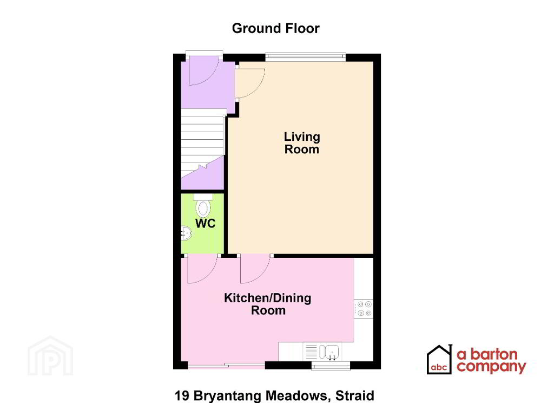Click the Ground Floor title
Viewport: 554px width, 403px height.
(275, 28)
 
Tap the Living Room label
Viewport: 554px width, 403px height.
(302, 143)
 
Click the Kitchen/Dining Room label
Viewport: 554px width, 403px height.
(268, 304)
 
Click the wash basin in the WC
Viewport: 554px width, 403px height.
(186, 233)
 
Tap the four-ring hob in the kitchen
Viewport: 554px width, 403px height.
(363, 309)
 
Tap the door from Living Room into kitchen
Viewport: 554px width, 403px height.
(255, 269)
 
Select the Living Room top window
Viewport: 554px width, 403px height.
(305, 54)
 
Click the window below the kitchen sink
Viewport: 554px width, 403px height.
(331, 366)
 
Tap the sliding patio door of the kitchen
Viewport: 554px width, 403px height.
(227, 366)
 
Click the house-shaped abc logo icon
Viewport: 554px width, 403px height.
(439, 360)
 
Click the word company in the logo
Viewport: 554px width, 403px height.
(491, 368)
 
